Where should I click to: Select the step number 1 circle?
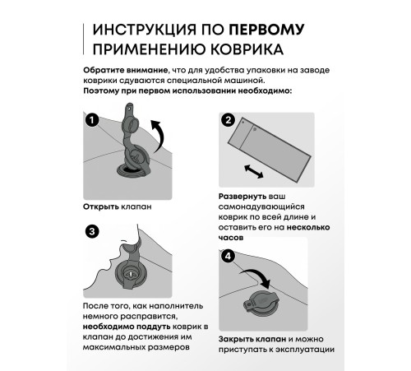[x=93, y=121]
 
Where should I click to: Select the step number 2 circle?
[x=228, y=121]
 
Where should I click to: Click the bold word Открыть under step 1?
[x=102, y=207]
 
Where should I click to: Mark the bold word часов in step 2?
[x=232, y=233]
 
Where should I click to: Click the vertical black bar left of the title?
[x=83, y=40]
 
